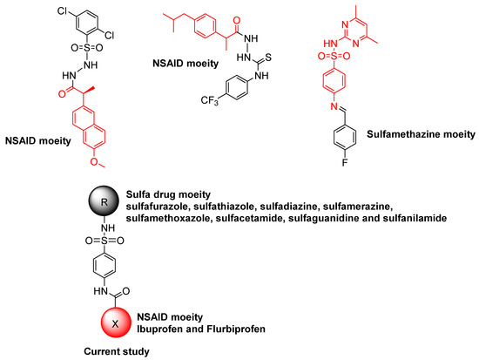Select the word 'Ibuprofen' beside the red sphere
(x=174, y=330)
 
